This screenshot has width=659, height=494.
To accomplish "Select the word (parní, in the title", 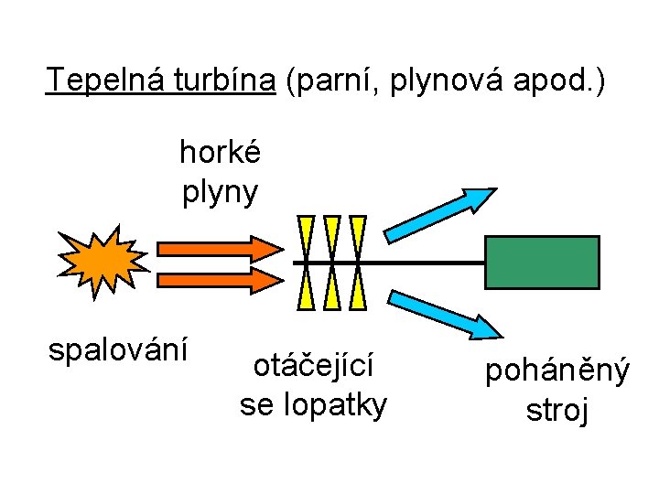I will click(333, 82).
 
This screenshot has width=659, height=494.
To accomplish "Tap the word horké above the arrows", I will click(220, 152).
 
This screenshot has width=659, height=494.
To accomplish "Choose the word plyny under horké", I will click(220, 192).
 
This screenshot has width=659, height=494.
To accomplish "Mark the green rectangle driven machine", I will click(542, 263).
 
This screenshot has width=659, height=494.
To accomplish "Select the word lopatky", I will click(337, 403).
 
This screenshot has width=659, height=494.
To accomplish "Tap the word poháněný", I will click(556, 371).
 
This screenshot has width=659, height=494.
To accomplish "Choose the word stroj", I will click(556, 410).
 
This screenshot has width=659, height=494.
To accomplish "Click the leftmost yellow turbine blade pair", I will click(306, 263).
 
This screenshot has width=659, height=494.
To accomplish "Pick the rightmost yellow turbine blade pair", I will click(357, 263).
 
